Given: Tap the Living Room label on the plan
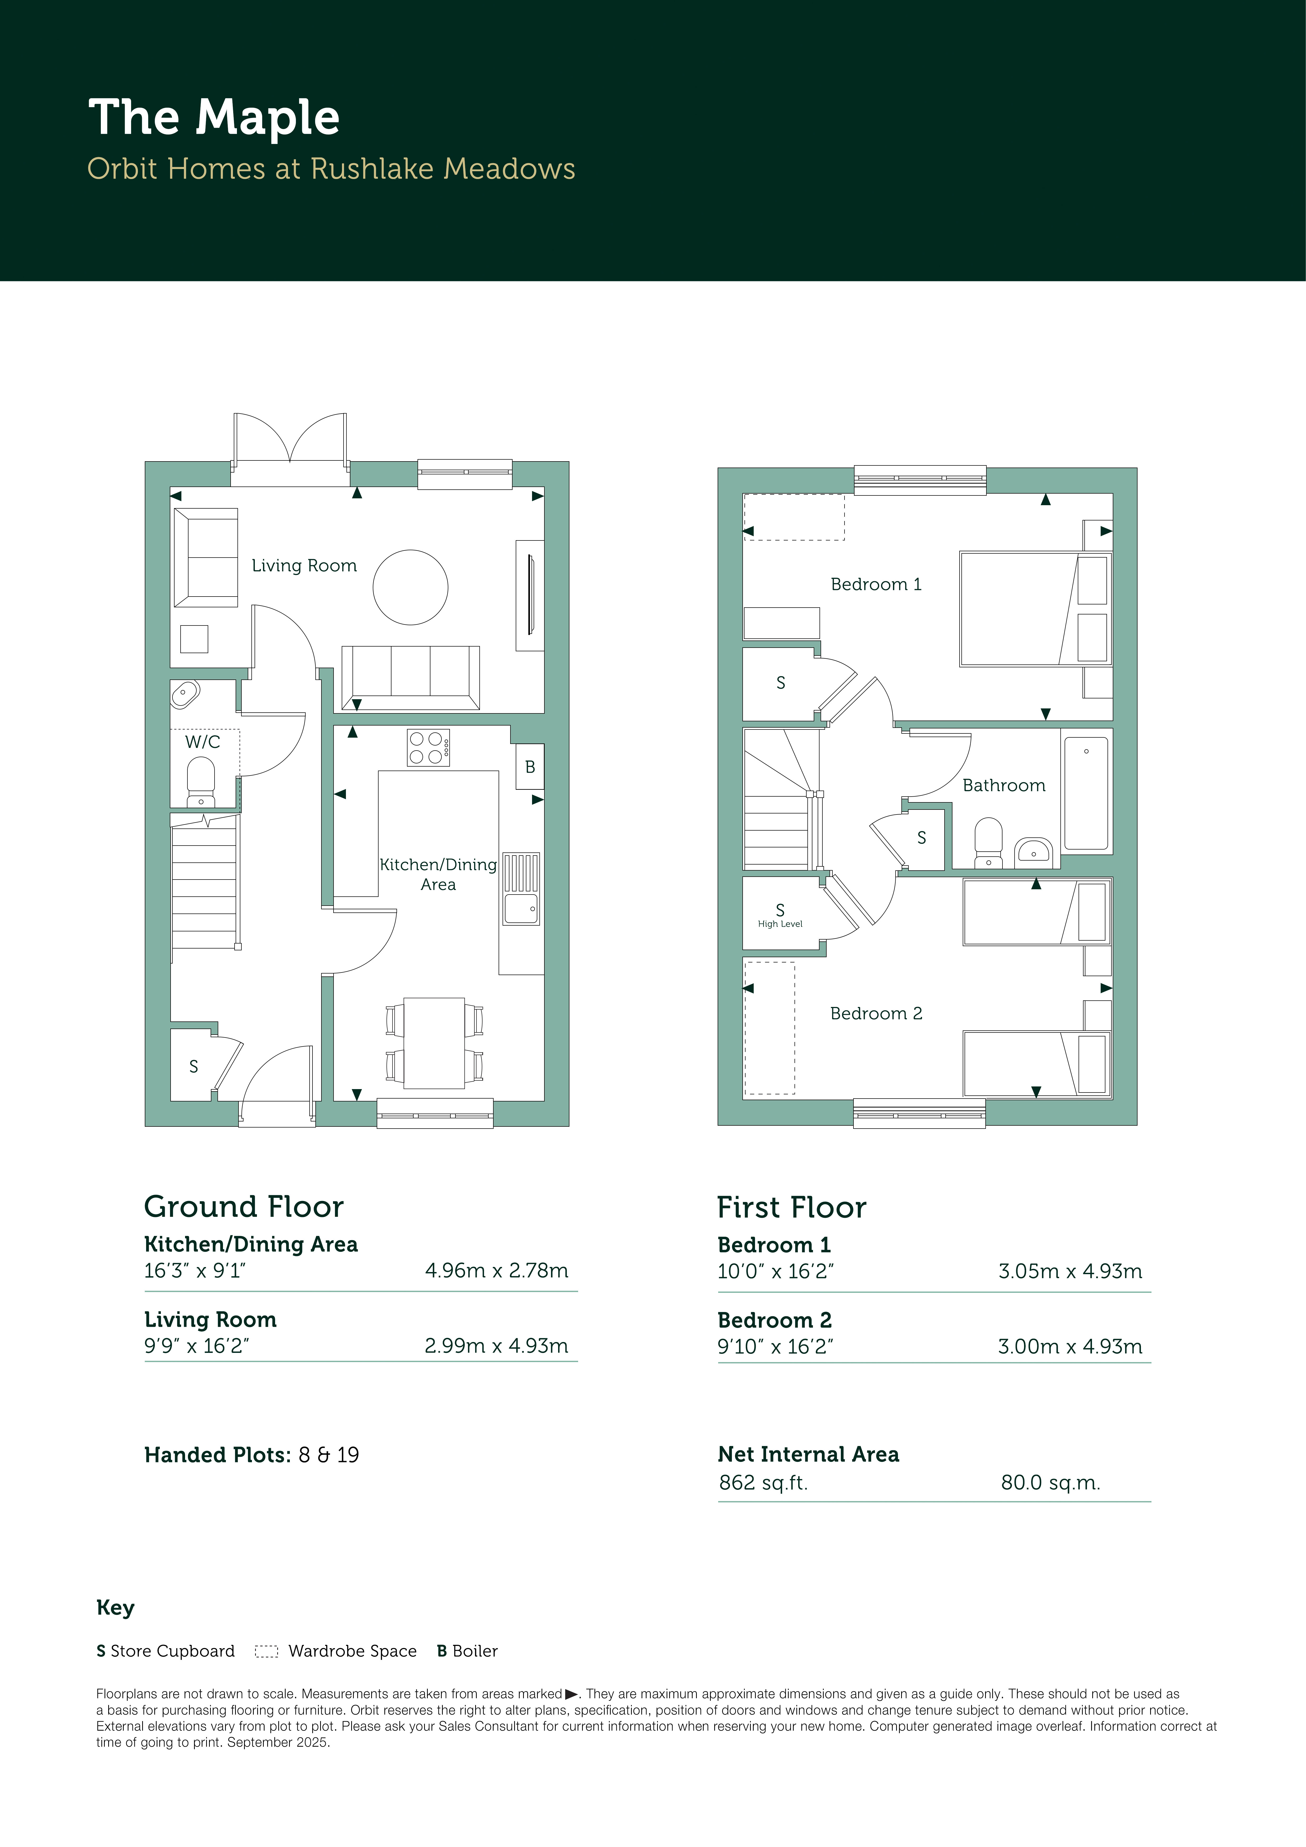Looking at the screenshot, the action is (304, 565).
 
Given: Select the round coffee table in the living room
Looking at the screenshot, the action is (410, 587).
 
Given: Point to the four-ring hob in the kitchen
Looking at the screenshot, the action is (428, 747).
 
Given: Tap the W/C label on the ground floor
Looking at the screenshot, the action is (203, 742).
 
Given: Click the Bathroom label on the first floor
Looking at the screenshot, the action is (1004, 785).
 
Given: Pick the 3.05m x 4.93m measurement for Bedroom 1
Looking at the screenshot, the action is (1070, 1271).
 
